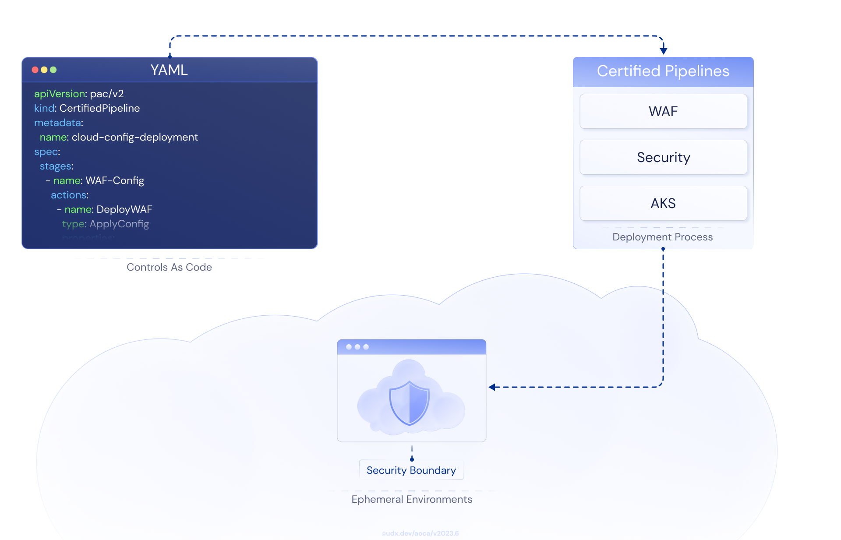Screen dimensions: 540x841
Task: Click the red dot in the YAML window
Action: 35,70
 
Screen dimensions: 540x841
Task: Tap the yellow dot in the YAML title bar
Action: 44,70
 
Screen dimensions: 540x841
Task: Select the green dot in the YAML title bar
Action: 53,70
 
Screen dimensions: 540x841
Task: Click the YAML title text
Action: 169,70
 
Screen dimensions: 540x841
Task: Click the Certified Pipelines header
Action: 663,71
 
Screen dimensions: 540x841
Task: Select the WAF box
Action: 663,111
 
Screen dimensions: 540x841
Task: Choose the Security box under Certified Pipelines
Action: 663,157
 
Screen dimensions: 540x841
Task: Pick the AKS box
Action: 663,203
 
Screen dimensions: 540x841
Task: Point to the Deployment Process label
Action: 662,237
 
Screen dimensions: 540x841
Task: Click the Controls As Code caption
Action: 169,267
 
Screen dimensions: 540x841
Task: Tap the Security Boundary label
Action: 411,470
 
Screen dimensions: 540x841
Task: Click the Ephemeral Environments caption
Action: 412,499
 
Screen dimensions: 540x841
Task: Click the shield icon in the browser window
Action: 410,403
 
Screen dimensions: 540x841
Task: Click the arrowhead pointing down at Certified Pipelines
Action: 664,51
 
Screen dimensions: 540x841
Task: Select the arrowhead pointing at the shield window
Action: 492,387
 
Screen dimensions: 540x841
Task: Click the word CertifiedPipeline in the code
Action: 99,108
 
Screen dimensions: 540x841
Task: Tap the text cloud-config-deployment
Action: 134,137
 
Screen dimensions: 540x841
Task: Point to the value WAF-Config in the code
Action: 115,180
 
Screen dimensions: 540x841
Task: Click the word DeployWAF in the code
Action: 124,209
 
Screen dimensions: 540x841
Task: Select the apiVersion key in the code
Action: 60,94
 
